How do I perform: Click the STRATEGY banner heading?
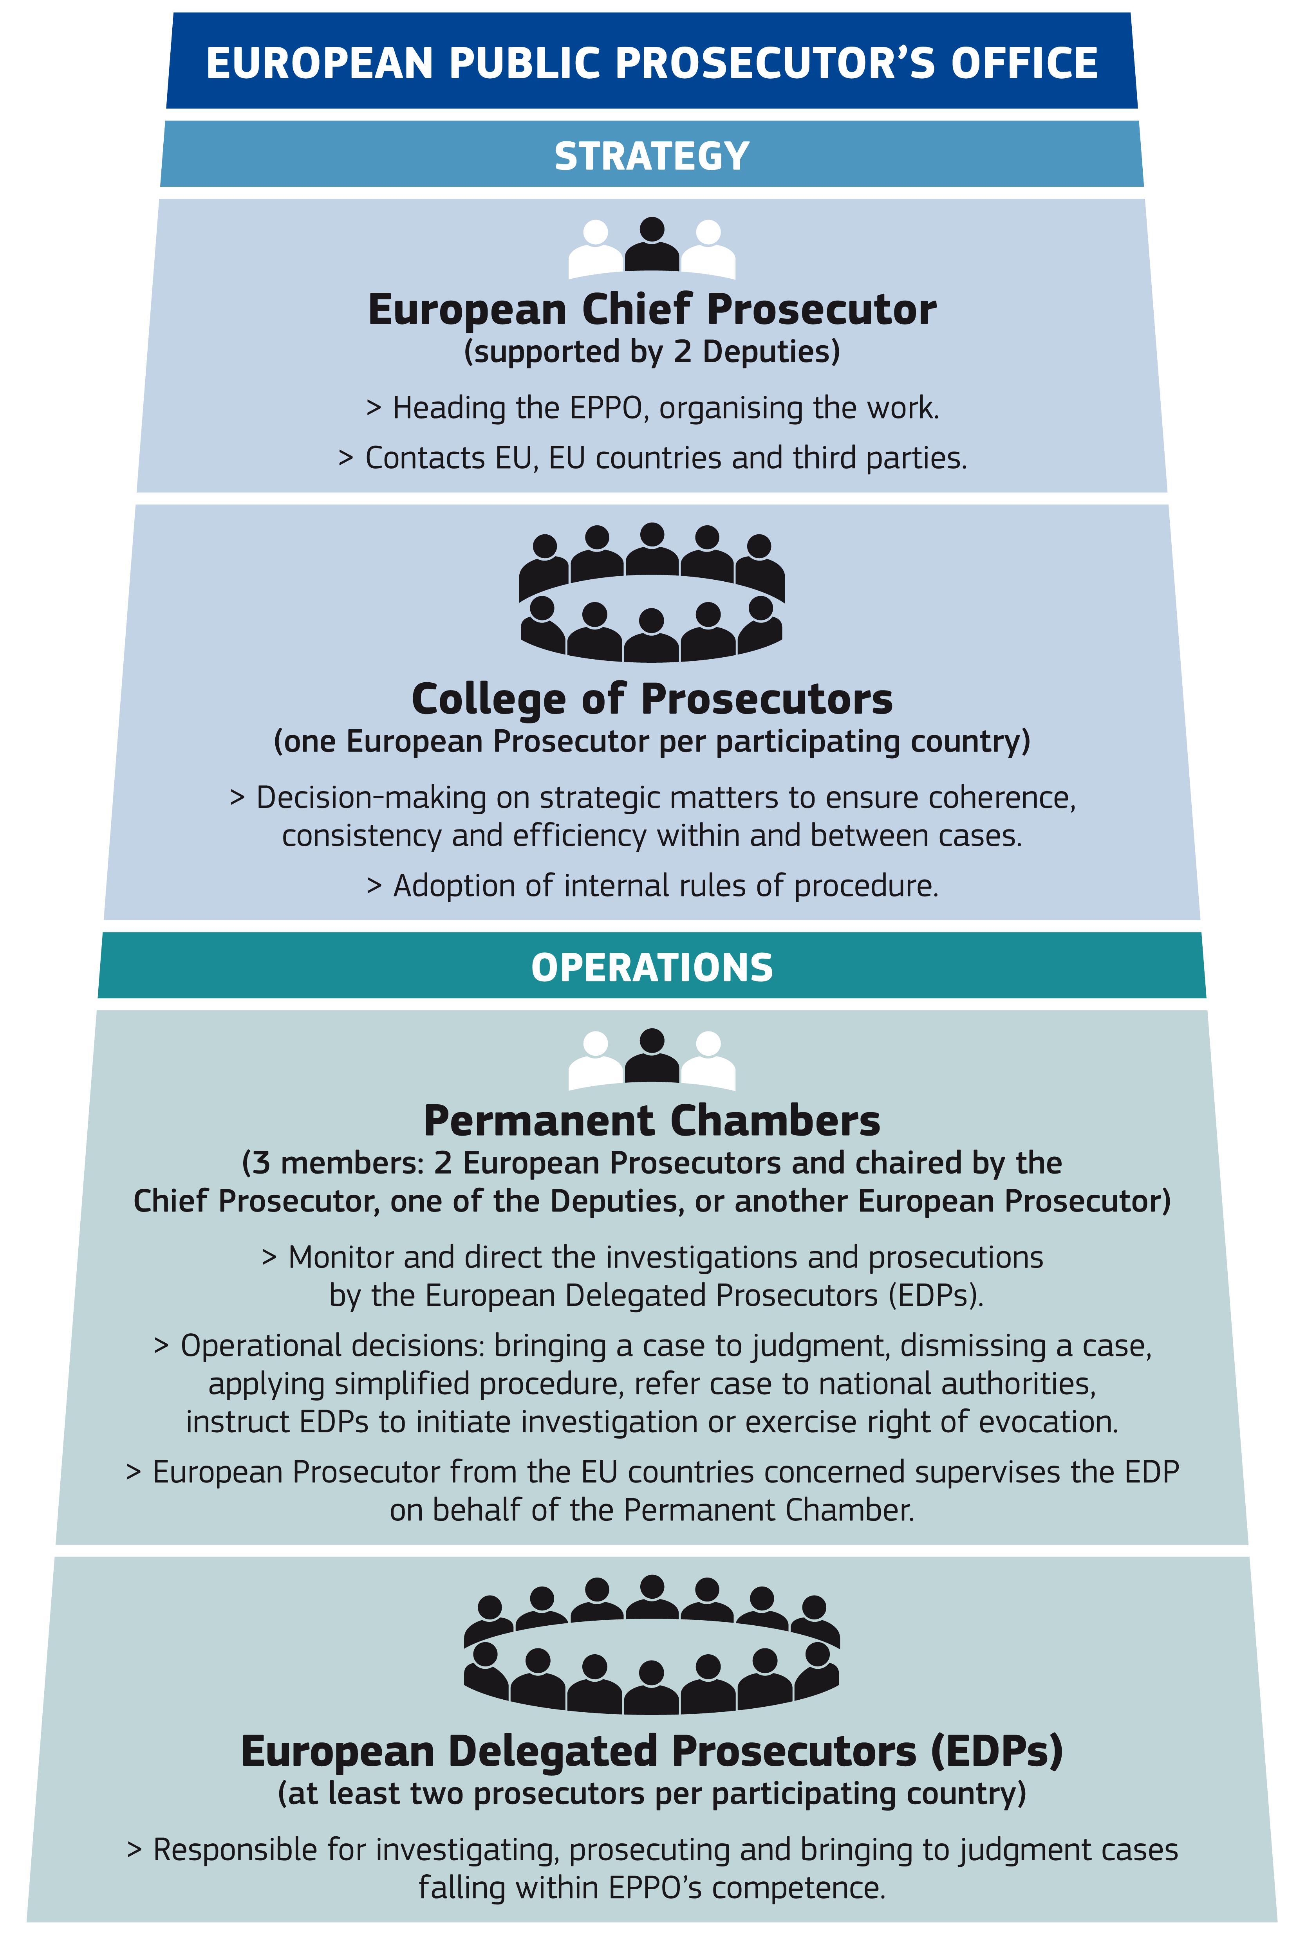tap(652, 155)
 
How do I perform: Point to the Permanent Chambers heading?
tap(652, 1121)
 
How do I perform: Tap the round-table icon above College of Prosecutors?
tap(652, 592)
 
